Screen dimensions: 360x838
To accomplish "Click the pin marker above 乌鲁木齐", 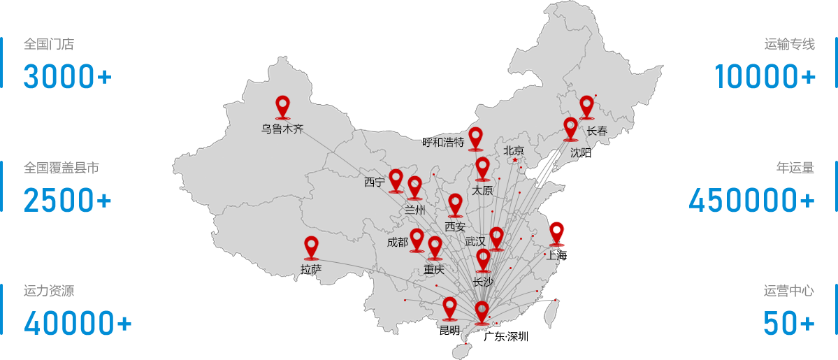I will [282, 106].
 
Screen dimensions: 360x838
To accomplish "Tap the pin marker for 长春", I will [586, 106].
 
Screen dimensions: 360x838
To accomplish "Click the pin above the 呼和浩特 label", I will [475, 138].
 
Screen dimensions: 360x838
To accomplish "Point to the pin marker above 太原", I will [482, 168].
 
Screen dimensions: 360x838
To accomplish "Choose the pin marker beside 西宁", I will [396, 180].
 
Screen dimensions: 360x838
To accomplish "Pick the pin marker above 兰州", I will [414, 187].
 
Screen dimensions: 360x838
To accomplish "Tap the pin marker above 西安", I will [456, 204].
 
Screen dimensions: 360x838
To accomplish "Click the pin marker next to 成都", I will [417, 239].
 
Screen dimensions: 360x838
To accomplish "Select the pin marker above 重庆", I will [435, 247].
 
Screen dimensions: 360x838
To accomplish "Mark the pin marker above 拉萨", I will [311, 247].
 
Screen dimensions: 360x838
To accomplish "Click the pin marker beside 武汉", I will [496, 238].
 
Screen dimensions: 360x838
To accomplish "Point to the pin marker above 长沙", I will [483, 260].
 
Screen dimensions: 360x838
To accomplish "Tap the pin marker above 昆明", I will [449, 308].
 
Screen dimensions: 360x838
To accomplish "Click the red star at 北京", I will [515, 160].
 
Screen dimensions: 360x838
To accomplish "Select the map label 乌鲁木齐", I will [282, 129].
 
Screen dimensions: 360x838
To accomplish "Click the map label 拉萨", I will [311, 269].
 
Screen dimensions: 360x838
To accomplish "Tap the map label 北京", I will [514, 150].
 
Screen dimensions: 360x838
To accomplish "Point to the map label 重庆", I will [434, 269].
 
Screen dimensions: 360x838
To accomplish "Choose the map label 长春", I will [597, 131].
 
